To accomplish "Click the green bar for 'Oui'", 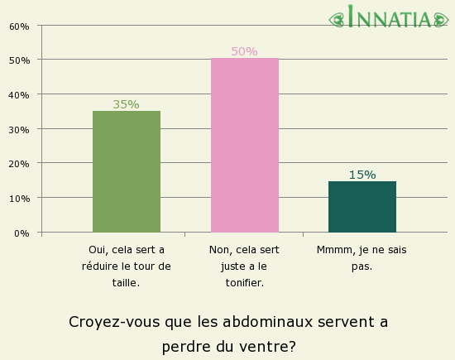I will pyautogui.click(x=127, y=171).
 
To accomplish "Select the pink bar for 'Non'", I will pyautogui.click(x=245, y=145).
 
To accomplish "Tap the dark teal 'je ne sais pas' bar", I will pyautogui.click(x=362, y=206).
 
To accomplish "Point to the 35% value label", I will pyautogui.click(x=126, y=104).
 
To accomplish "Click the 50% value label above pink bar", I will pyautogui.click(x=244, y=51).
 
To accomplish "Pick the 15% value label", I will pyautogui.click(x=362, y=175).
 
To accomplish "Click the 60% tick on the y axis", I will pyautogui.click(x=19, y=26).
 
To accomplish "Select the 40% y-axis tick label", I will pyautogui.click(x=19, y=95).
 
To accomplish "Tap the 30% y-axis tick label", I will pyautogui.click(x=19, y=130).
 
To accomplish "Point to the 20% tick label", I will pyautogui.click(x=19, y=164).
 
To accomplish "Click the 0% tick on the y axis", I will pyautogui.click(x=22, y=233).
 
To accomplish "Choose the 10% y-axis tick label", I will pyautogui.click(x=19, y=199).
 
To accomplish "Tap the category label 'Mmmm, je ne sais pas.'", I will pyautogui.click(x=362, y=257).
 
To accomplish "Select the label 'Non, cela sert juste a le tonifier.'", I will pyautogui.click(x=244, y=266).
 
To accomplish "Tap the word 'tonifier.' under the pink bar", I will pyautogui.click(x=244, y=283).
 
